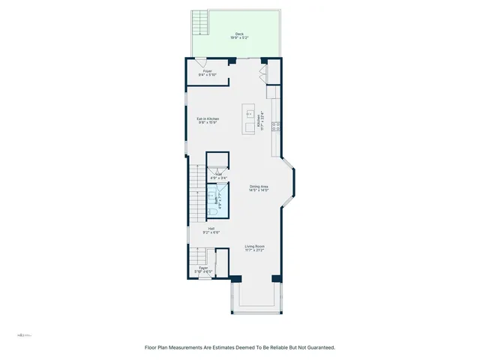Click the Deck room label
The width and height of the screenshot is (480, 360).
pyautogui.click(x=239, y=35)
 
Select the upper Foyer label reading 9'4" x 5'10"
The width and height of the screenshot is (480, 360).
pyautogui.click(x=208, y=73)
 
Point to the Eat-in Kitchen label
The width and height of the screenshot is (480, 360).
pyautogui.click(x=208, y=121)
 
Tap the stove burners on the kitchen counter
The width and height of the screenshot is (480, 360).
pyautogui.click(x=275, y=125)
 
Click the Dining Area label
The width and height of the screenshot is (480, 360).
pyautogui.click(x=259, y=188)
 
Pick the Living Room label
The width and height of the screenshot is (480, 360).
pyautogui.click(x=254, y=248)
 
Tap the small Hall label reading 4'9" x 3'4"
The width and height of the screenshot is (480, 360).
pyautogui.click(x=219, y=175)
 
